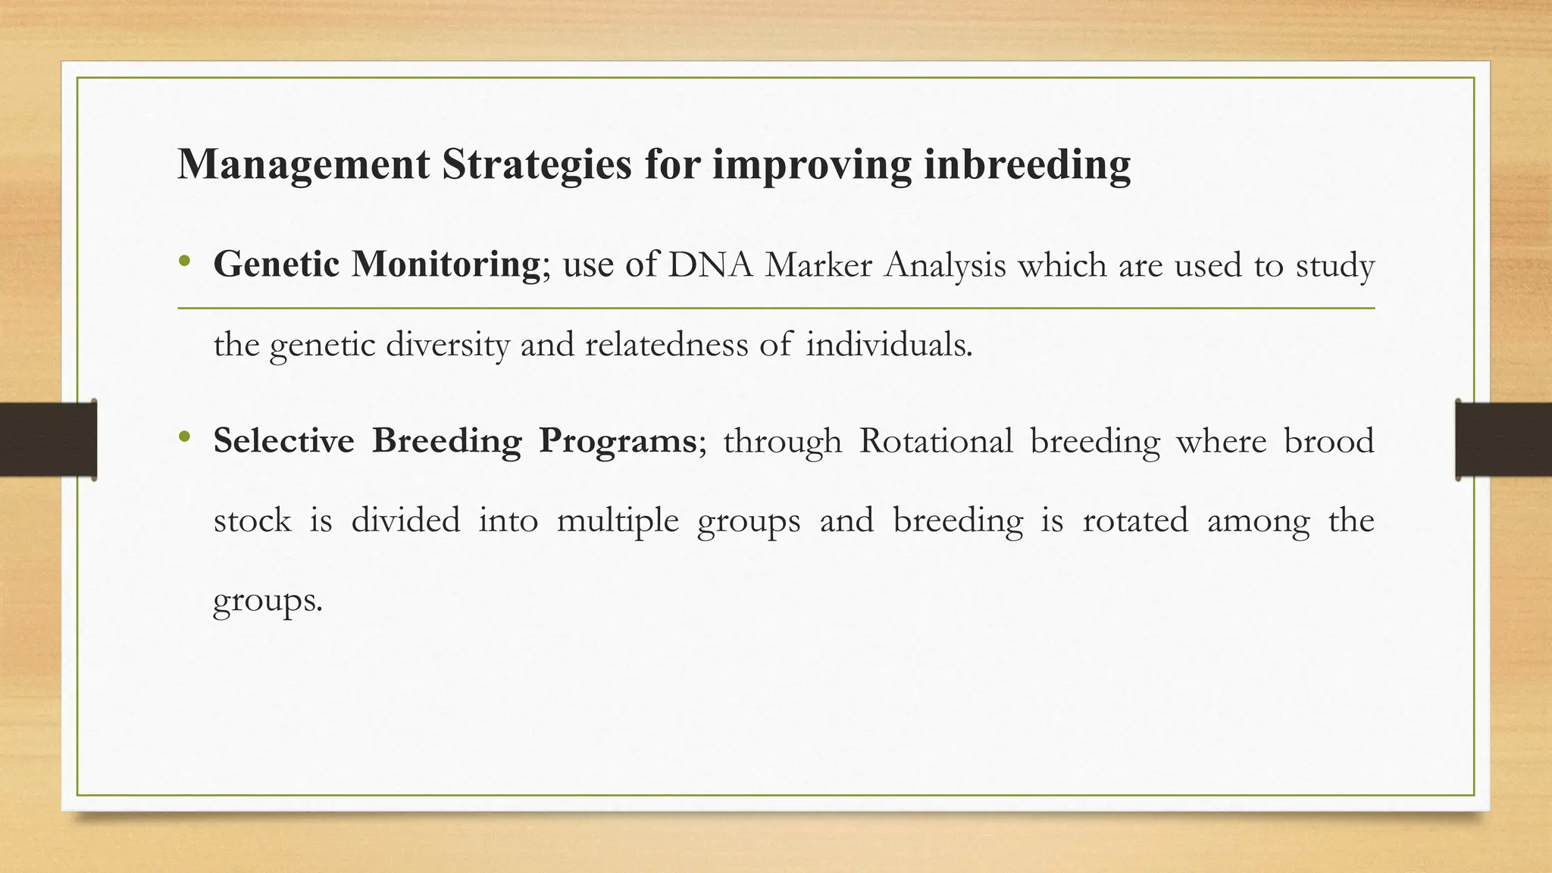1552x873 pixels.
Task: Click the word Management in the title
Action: click(x=303, y=164)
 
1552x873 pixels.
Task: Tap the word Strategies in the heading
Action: click(x=536, y=164)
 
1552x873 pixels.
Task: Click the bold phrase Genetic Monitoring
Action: click(x=377, y=264)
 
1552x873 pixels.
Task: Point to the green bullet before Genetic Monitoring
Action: click(x=183, y=262)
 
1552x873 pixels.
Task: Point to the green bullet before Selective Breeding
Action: click(x=183, y=437)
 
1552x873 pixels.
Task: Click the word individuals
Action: click(x=888, y=345)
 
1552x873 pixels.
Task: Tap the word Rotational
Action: click(x=936, y=441)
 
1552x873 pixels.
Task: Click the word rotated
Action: click(x=1134, y=521)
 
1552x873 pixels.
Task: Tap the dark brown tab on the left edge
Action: click(x=48, y=440)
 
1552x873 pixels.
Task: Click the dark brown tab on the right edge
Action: click(x=1503, y=440)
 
